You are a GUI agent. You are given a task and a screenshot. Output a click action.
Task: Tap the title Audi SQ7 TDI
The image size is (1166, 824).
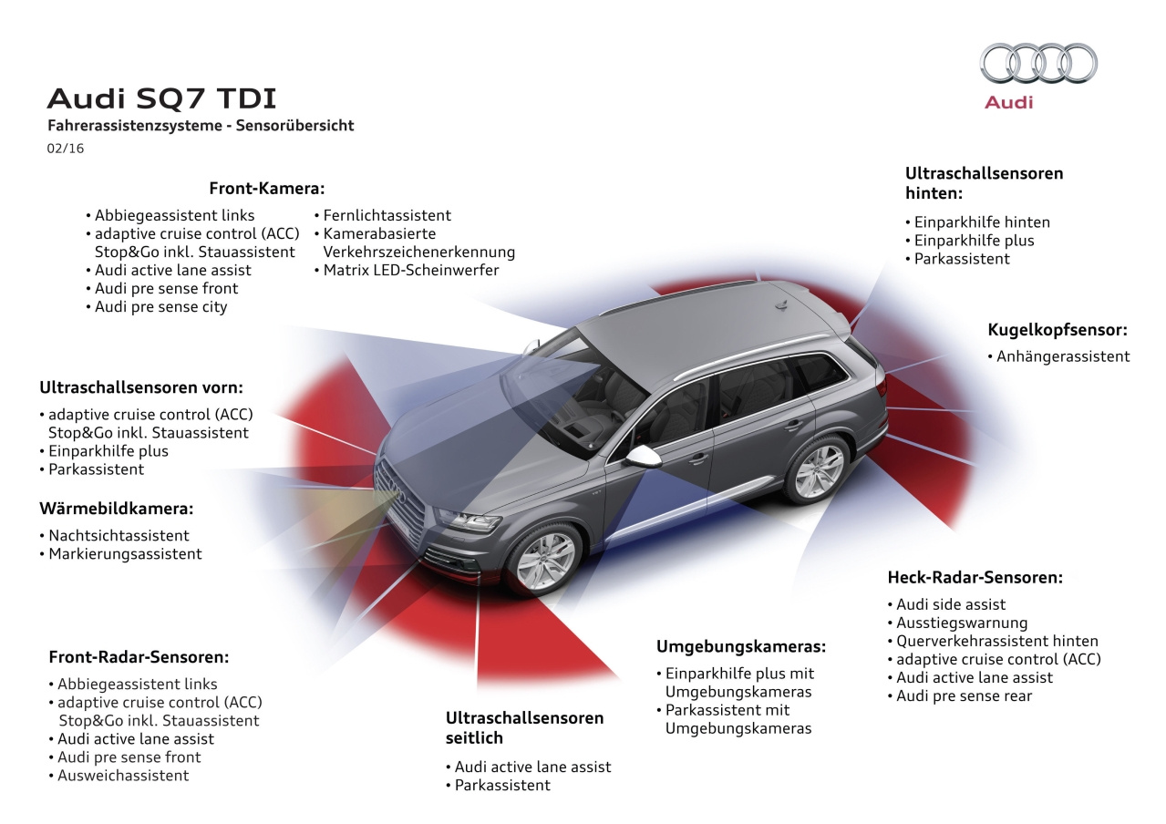point(161,99)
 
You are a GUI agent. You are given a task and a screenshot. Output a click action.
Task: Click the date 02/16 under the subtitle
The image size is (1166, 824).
point(65,149)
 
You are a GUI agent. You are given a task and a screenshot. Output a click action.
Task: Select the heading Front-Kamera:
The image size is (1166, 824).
point(266,189)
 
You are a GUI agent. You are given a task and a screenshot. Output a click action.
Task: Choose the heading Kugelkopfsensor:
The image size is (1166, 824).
point(1058,330)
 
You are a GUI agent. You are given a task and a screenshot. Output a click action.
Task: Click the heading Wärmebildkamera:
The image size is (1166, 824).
point(116,509)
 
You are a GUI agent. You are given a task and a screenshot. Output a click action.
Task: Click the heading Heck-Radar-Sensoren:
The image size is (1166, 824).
point(975,577)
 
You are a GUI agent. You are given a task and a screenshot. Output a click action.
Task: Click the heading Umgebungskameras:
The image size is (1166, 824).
point(741,646)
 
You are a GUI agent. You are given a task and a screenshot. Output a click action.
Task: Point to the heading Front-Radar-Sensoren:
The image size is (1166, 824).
point(139,657)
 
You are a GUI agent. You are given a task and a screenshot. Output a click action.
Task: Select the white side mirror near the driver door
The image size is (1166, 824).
point(643,457)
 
